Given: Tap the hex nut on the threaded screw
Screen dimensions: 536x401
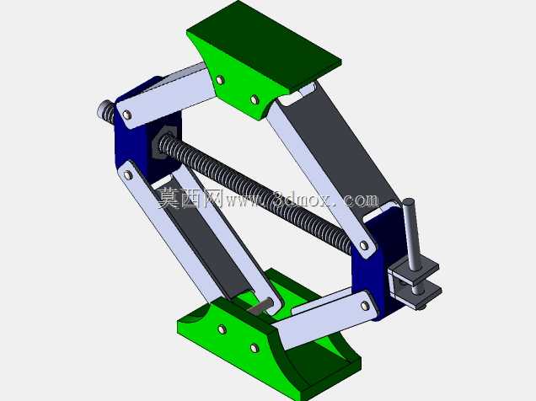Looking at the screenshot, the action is coord(163,142).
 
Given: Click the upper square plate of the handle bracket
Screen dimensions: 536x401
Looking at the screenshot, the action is coord(416,269).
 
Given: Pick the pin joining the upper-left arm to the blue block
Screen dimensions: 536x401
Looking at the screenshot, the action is coord(127,115).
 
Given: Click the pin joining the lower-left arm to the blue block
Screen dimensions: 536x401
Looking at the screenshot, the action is coord(129,175).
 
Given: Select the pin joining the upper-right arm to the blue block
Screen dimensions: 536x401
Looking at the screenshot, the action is coord(364,245).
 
